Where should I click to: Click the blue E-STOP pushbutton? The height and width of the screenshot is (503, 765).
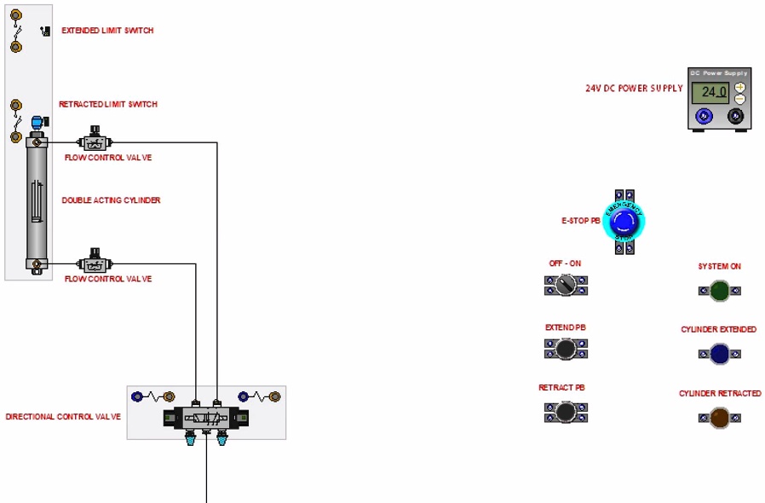[624, 222]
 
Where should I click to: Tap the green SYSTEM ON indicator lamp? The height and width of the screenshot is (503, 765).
[719, 291]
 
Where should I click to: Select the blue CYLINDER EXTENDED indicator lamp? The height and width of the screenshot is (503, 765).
[719, 354]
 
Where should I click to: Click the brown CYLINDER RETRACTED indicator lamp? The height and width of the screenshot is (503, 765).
[719, 418]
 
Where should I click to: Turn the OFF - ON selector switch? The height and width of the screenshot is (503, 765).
[567, 286]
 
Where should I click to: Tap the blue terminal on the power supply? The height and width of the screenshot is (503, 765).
[704, 116]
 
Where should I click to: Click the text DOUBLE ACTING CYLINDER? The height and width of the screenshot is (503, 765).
[111, 201]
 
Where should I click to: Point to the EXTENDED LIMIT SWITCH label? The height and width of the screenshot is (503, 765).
[107, 31]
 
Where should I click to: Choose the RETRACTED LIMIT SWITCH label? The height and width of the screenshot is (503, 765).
[108, 105]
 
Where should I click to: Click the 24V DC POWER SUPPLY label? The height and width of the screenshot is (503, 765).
[634, 89]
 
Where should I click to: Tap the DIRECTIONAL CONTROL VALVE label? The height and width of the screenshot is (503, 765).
[63, 417]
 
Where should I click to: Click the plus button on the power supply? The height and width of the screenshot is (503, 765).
[739, 87]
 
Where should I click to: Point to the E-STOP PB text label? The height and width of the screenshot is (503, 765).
[581, 221]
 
